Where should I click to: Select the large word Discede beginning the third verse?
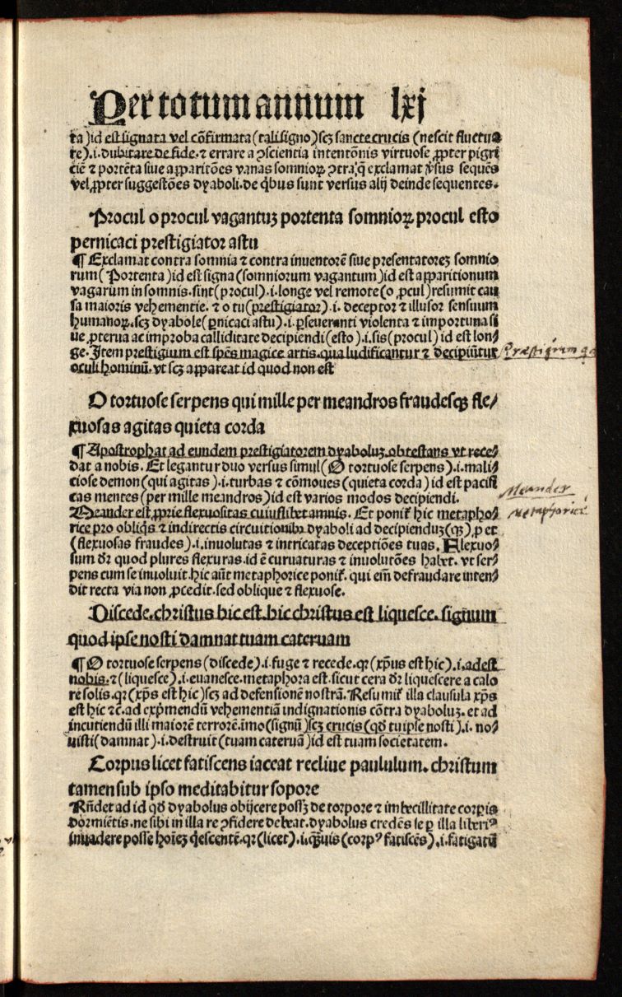[124, 613]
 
